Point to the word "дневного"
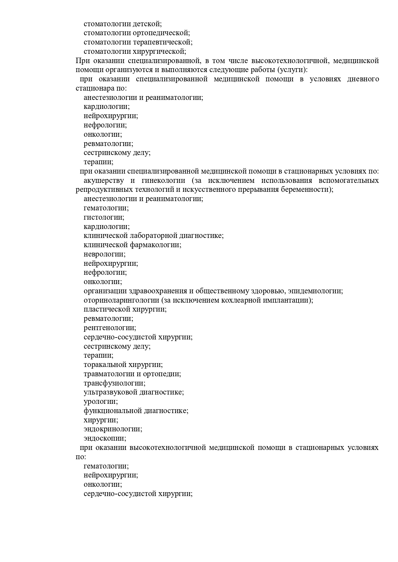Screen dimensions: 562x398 363,79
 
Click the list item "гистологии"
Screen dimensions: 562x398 104,217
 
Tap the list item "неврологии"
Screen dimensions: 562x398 104,254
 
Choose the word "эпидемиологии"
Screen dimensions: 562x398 315,291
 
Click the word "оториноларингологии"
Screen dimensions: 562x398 121,300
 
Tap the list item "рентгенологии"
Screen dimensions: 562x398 110,328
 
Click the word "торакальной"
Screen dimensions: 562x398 105,365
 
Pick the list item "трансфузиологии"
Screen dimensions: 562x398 114,383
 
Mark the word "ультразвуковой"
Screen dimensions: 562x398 110,392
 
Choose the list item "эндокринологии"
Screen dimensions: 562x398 113,429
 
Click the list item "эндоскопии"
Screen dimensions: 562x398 105,438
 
